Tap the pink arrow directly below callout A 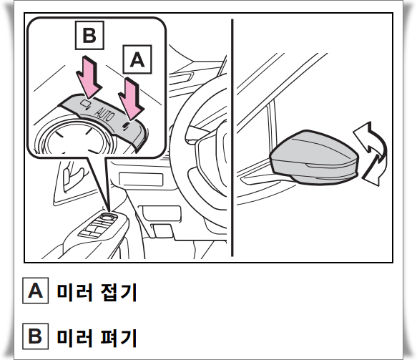tap(133, 99)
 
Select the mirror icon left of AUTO tap(84, 104)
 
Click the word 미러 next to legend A tap(74, 291)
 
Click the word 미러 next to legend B tap(74, 336)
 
